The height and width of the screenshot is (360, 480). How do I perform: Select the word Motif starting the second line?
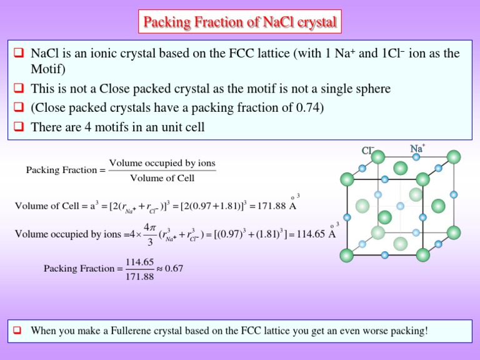[47, 67]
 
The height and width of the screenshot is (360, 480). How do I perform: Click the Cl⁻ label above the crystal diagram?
[368, 150]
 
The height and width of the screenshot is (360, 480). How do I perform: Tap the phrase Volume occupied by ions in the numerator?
[162, 164]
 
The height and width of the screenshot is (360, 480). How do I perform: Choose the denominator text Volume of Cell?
[162, 178]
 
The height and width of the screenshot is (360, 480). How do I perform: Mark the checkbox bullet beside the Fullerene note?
[20, 331]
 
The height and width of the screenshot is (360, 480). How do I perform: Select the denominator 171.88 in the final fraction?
[140, 276]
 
